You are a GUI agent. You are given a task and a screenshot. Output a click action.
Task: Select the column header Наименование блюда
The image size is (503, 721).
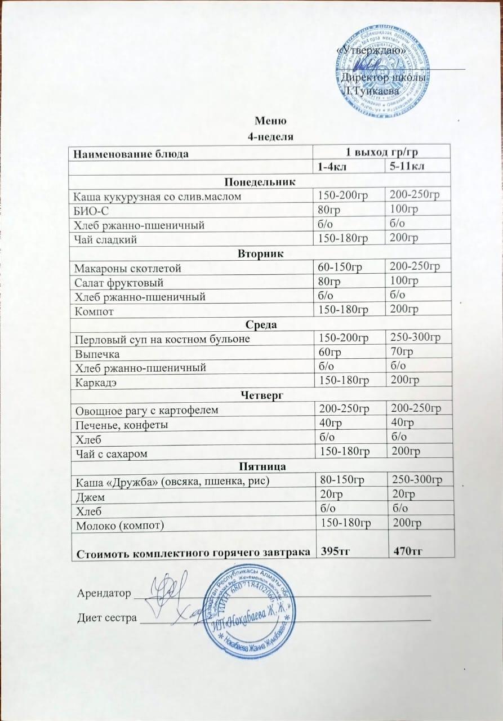point(128,153)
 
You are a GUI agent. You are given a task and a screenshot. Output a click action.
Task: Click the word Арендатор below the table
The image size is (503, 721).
point(103,593)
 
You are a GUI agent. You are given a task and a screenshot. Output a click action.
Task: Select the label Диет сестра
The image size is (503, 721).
point(106,618)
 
